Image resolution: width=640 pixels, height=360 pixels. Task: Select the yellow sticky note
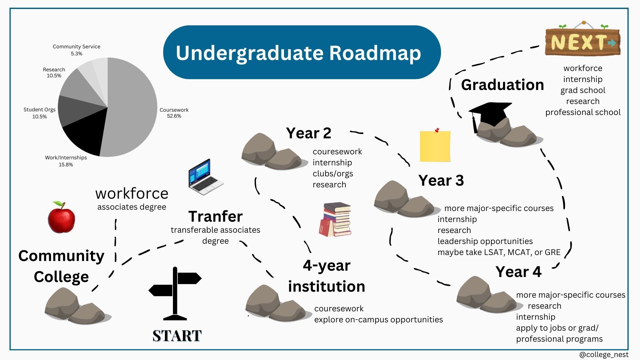click(435, 145)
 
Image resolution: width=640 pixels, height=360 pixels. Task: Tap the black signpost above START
click(175, 293)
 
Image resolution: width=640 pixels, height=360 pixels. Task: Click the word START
click(177, 336)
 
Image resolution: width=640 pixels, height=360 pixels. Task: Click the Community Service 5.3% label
click(76, 50)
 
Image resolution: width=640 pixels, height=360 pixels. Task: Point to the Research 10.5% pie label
click(54, 73)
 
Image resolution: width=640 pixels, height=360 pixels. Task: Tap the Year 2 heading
click(309, 133)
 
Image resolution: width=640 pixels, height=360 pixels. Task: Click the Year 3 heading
click(441, 180)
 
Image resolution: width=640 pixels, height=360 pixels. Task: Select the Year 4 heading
click(518, 272)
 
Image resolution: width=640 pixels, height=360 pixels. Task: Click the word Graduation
click(502, 85)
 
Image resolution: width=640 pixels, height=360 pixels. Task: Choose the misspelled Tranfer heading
click(215, 216)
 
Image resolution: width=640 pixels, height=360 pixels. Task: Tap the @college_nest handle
click(604, 355)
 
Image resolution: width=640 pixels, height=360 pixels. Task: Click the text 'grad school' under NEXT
click(583, 90)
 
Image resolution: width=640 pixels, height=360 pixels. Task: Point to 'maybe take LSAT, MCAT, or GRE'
click(499, 252)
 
